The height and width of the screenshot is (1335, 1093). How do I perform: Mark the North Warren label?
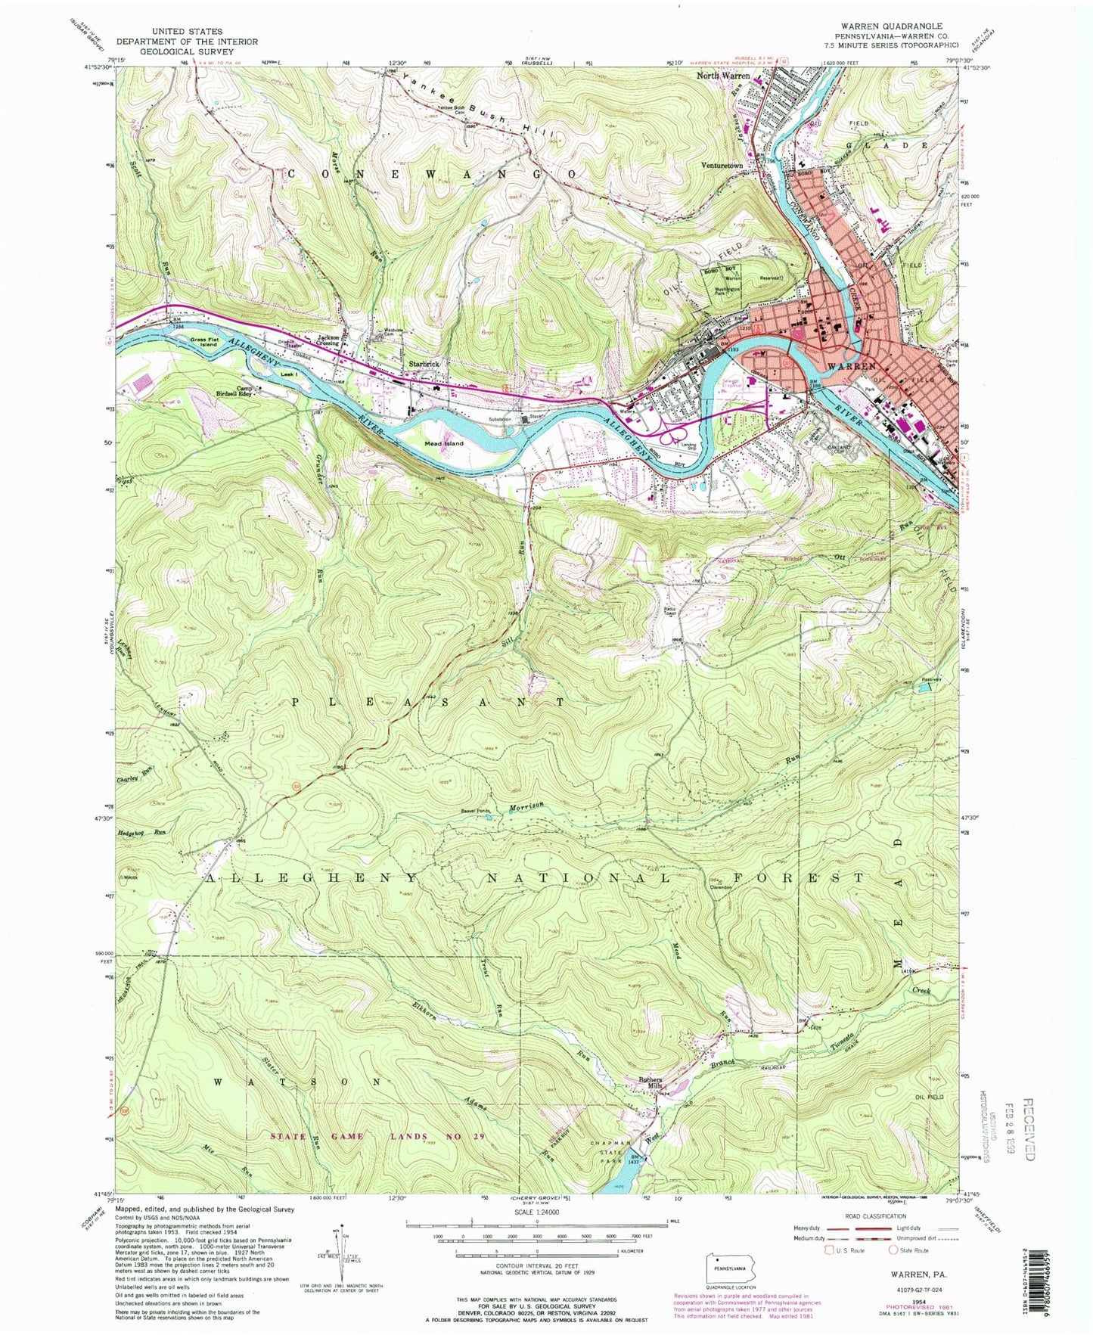point(723,76)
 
